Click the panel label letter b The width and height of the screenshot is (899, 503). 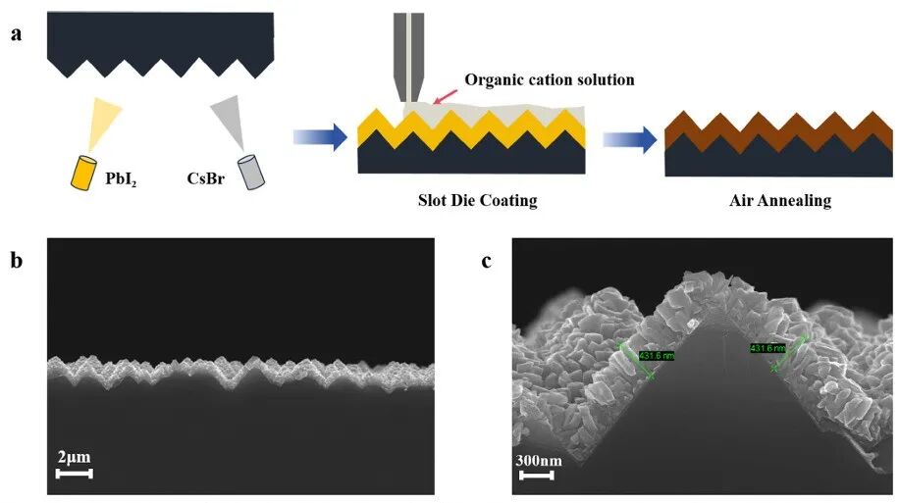[x=17, y=264]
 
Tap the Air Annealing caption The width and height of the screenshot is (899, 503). [x=780, y=201]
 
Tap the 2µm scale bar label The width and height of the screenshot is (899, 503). [x=74, y=457]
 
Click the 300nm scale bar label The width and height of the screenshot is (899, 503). [x=538, y=460]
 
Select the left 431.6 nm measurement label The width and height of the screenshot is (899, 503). [x=657, y=355]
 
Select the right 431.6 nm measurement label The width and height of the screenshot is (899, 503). [x=767, y=348]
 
